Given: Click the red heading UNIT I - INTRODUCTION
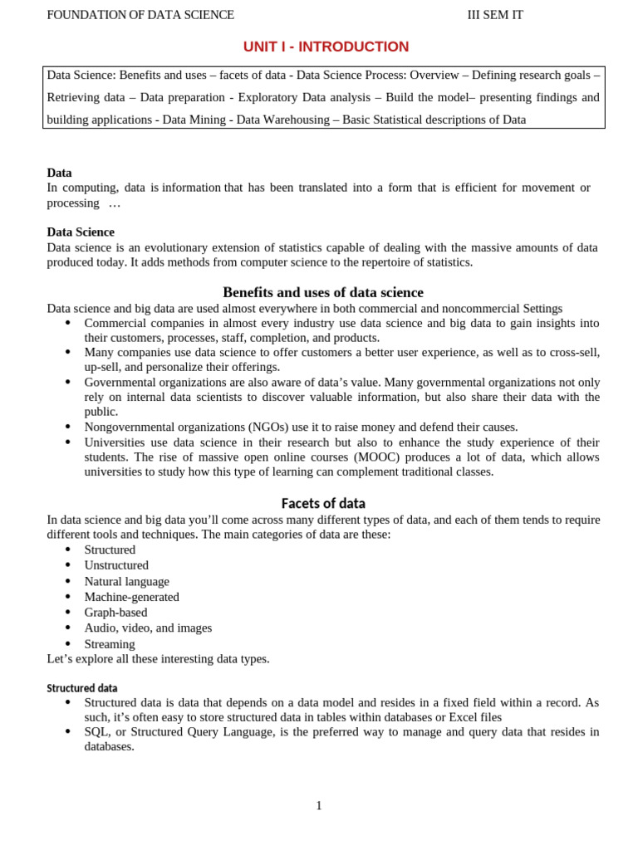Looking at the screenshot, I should coord(326,47).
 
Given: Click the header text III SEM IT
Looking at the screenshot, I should coord(496,15).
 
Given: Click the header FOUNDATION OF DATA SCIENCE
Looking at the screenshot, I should coord(140,15).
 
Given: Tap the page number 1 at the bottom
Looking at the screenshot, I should coord(319,805).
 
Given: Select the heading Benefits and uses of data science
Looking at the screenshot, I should coord(323,292).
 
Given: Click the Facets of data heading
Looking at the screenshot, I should coord(323,503).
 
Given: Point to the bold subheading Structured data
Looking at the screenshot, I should coord(82,688).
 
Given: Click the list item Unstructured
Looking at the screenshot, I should coord(116,565).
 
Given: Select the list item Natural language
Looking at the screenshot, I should coord(126,581).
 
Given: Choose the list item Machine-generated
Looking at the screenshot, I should coord(131,597).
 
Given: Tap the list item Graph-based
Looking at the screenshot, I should coord(115,613).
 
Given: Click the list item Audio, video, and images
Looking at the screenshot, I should coord(148,628).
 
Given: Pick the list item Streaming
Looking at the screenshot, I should coord(110,644).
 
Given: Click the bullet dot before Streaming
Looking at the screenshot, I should coord(67,644).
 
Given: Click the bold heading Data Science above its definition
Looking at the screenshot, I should coord(81,232).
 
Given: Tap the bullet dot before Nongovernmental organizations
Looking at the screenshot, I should coord(67,427).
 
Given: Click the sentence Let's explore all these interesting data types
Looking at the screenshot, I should coord(158,659).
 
